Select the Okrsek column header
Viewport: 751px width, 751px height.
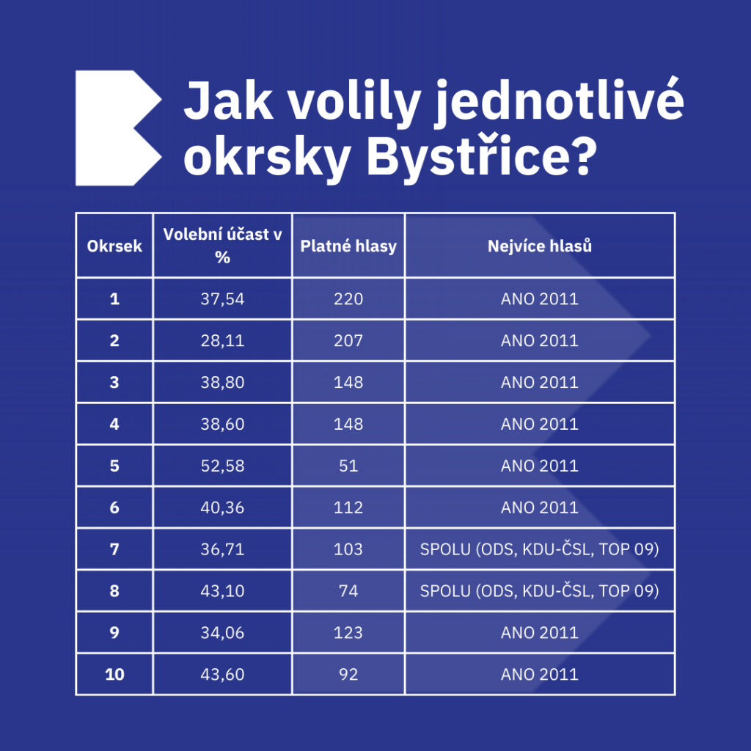coord(114,246)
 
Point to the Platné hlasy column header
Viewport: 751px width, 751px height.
coord(348,246)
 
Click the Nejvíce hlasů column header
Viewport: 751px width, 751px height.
coord(540,246)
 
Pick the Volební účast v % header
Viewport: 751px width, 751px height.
coord(222,246)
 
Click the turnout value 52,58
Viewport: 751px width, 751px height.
coord(222,466)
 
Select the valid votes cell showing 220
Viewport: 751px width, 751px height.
coord(348,299)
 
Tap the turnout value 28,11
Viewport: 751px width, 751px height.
coord(222,340)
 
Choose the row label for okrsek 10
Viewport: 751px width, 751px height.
coord(114,675)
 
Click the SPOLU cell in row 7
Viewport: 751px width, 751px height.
coord(539,549)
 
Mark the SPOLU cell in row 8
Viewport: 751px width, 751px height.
coord(539,590)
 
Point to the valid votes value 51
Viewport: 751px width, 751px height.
coord(348,466)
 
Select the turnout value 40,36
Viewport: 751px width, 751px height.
coord(222,508)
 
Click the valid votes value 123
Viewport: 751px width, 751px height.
coord(348,633)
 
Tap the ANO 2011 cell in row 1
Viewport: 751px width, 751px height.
coord(540,299)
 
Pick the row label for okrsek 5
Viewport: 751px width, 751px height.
coord(114,466)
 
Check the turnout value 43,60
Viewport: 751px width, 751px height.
coord(222,675)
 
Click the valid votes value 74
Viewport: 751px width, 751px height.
coord(348,590)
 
